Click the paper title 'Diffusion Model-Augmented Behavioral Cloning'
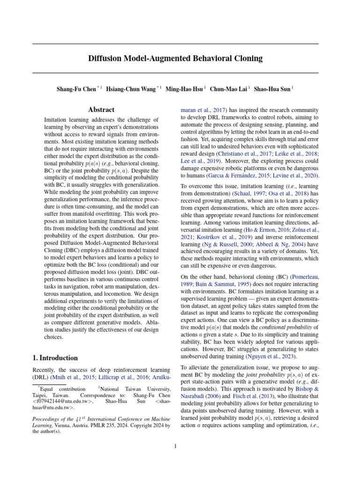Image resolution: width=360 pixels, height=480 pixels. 175,59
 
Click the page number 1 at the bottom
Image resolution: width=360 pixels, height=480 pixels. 175,446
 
